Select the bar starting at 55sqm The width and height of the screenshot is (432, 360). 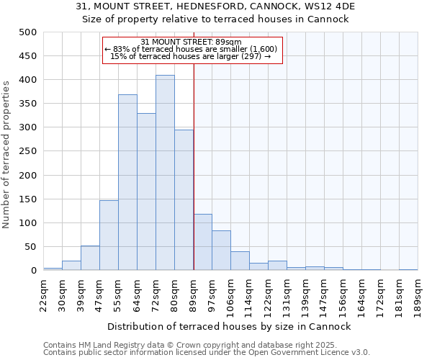pyautogui.click(x=127, y=182)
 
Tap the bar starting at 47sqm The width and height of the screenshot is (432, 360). pyautogui.click(x=109, y=235)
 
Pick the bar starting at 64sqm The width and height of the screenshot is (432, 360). pyautogui.click(x=146, y=192)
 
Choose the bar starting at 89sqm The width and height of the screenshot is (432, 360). pyautogui.click(x=203, y=242)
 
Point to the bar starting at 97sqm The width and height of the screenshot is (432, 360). pyautogui.click(x=221, y=251)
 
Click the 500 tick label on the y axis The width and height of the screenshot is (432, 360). pyautogui.click(x=28, y=32)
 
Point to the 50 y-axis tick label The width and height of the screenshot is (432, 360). pyautogui.click(x=30, y=247)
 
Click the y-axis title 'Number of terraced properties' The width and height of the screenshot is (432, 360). pyautogui.click(x=6, y=154)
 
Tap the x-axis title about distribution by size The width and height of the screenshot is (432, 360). pyautogui.click(x=230, y=326)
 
